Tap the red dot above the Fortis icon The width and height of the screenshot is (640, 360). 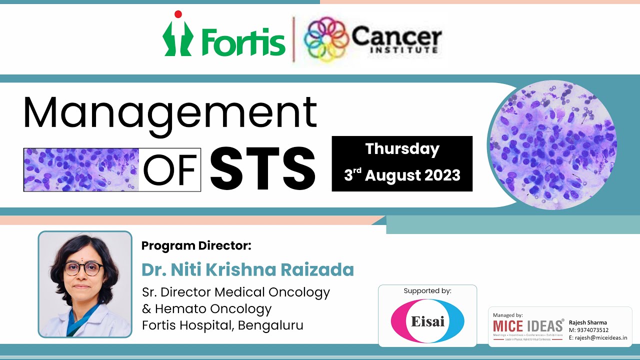point(177,14)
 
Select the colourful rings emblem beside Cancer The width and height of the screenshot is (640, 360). point(325,38)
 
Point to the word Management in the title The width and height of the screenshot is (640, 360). point(170,114)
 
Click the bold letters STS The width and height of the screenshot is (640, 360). point(262,169)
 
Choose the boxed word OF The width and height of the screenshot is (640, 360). point(169,170)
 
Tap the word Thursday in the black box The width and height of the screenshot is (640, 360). point(402,149)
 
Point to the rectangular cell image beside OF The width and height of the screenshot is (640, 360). point(81,169)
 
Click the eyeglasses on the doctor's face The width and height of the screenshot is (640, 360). point(83,268)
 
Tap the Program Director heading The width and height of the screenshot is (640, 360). point(196,245)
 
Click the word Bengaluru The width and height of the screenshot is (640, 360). point(270,325)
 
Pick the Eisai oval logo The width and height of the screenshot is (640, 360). point(427,320)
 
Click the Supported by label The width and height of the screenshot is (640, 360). point(427,290)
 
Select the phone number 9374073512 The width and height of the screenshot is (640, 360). point(592,330)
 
